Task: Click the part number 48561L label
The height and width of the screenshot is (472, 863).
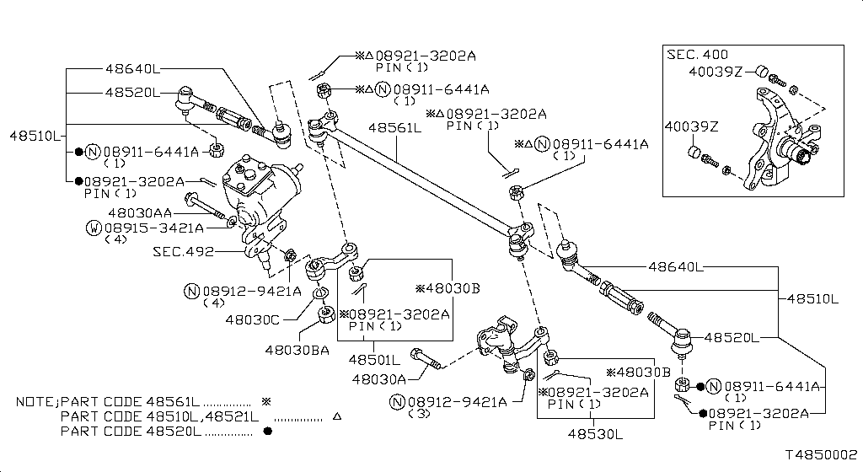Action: click(394, 128)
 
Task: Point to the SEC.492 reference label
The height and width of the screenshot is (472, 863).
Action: click(183, 251)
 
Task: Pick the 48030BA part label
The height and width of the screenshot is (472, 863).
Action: click(297, 349)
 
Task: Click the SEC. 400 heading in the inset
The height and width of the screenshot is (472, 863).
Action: click(697, 54)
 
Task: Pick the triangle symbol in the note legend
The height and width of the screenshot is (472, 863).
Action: click(337, 417)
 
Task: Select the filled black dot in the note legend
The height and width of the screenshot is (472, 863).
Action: click(268, 432)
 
